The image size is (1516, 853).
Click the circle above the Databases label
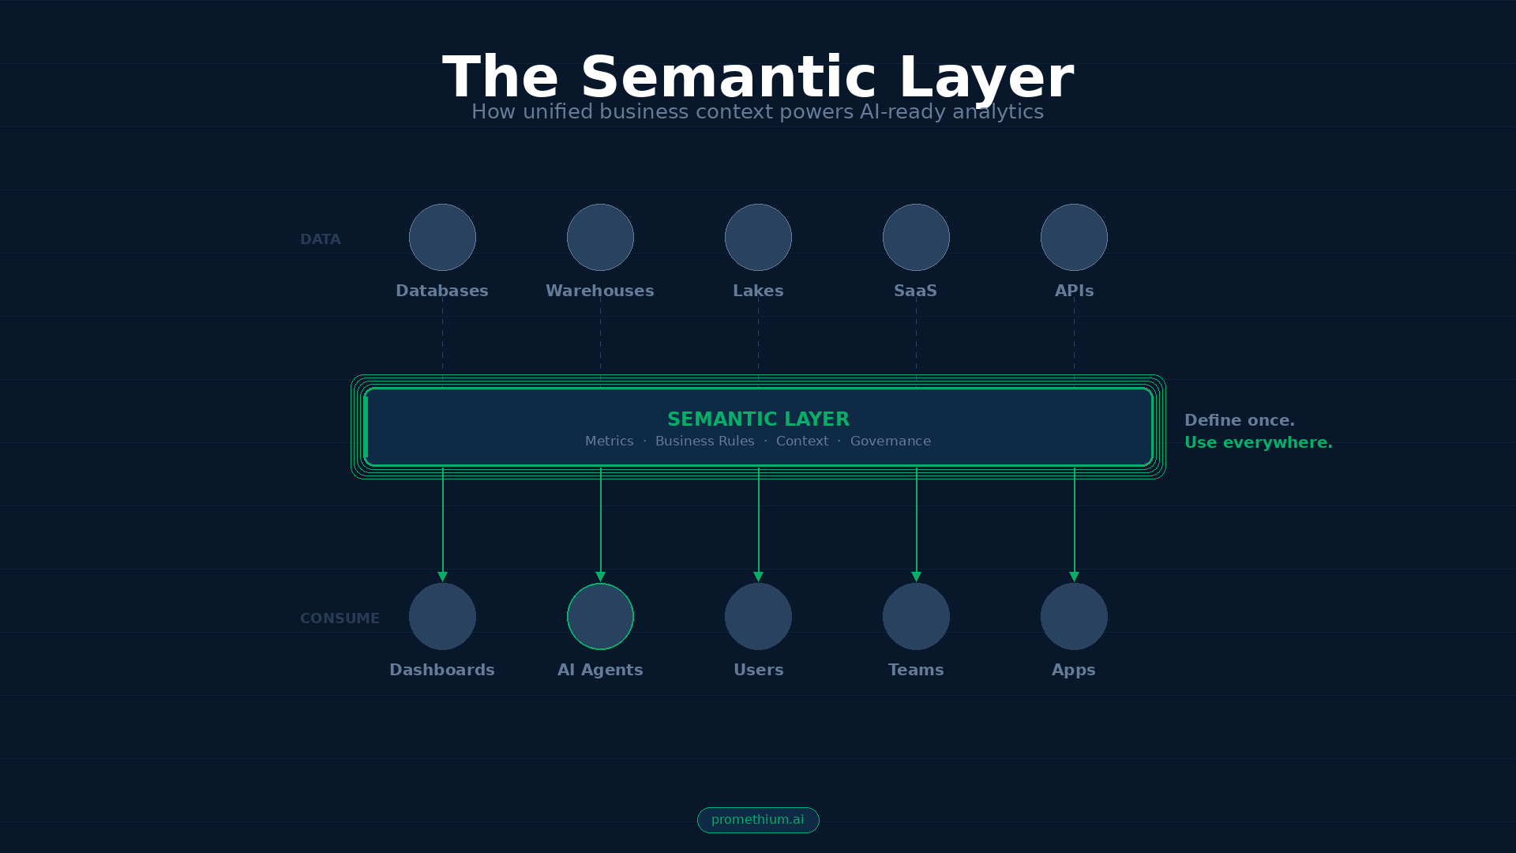pyautogui.click(x=442, y=237)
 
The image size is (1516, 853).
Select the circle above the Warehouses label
pyautogui.click(x=600, y=237)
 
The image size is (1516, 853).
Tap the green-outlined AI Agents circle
pyautogui.click(x=600, y=616)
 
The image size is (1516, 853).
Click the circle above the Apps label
pyautogui.click(x=1074, y=616)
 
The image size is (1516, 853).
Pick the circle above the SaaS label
pyautogui.click(x=916, y=237)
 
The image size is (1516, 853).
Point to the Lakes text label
pyautogui.click(x=758, y=291)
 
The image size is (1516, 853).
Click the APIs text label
pyautogui.click(x=1074, y=291)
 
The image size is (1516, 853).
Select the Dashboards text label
pyautogui.click(x=442, y=670)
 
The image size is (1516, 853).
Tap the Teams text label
pyautogui.click(x=916, y=670)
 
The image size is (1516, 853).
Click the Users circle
pyautogui.click(x=758, y=616)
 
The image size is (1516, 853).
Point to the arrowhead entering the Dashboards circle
pyautogui.click(x=442, y=577)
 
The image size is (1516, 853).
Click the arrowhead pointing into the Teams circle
pyautogui.click(x=916, y=577)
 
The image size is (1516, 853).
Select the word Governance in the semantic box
pyautogui.click(x=890, y=441)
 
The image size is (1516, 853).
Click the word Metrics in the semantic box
pyautogui.click(x=609, y=441)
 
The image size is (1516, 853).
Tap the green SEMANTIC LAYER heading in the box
pyautogui.click(x=758, y=419)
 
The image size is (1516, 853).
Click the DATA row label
pyautogui.click(x=320, y=239)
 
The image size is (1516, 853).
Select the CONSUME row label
pyautogui.click(x=340, y=618)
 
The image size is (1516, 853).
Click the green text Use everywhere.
pyautogui.click(x=1258, y=442)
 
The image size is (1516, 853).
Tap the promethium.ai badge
pyautogui.click(x=758, y=820)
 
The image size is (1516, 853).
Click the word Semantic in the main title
pyautogui.click(x=728, y=77)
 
